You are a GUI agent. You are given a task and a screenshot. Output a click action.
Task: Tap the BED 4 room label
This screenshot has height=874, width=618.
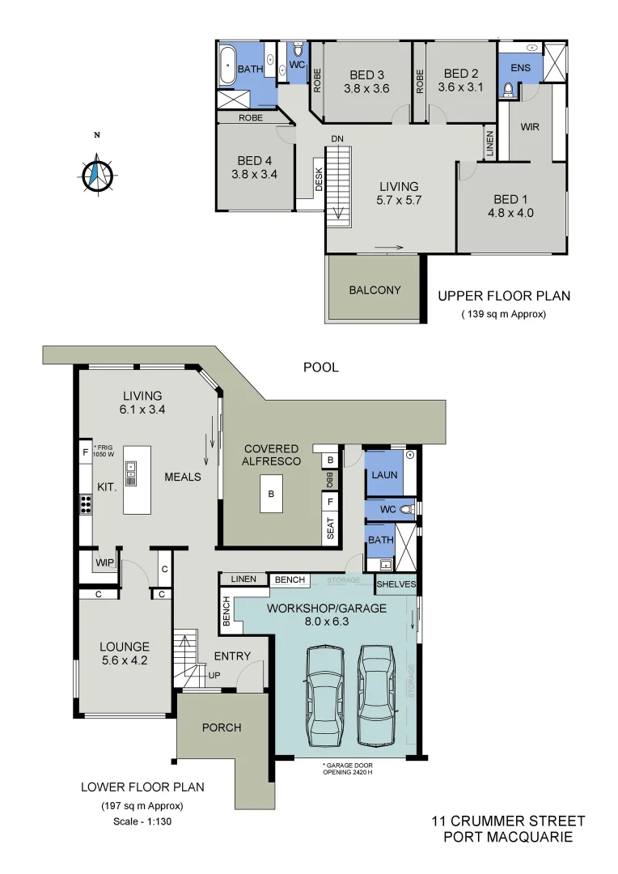255,160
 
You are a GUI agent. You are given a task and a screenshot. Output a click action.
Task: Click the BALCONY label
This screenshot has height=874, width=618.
375,290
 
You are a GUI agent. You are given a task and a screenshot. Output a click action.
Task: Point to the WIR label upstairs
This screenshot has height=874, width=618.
530,128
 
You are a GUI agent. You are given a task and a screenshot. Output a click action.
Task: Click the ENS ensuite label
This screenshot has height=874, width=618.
521,68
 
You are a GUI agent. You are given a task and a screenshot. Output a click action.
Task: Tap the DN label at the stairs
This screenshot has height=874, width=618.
337,139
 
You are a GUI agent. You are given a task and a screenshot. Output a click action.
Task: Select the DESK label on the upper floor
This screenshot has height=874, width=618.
319,180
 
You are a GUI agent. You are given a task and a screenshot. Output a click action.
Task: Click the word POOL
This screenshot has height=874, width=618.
320,367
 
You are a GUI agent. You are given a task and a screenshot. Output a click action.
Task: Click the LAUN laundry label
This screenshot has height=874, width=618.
384,474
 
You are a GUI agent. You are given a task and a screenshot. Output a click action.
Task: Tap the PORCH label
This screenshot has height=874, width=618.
222,728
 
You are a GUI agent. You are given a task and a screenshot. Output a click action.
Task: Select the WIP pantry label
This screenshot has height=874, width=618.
104,561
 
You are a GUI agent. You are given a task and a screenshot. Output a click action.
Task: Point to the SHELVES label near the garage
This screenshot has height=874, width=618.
396,583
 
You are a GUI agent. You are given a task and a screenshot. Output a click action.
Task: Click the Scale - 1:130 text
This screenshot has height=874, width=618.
142,821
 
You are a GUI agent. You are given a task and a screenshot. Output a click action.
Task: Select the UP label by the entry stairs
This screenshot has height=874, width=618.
214,674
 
